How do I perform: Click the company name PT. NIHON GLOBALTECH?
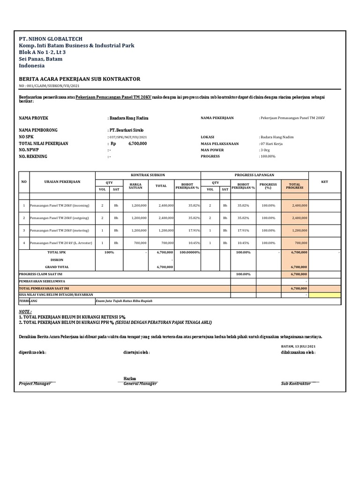(51, 38)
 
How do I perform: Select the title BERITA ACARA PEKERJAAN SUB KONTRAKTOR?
(79, 79)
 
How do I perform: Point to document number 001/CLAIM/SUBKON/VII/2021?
(49, 86)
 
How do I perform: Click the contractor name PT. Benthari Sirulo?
(126, 130)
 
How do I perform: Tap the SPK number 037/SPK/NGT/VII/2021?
(127, 137)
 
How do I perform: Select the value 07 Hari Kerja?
(271, 143)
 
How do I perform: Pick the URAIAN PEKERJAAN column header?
(62, 182)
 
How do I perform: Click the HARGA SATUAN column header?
(135, 186)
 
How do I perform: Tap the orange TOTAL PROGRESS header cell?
(295, 186)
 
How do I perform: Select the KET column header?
(325, 182)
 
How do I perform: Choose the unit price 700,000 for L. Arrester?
(140, 243)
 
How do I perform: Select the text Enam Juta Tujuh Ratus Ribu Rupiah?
(124, 301)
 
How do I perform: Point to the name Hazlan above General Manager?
(130, 378)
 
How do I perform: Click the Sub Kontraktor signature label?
(296, 383)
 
